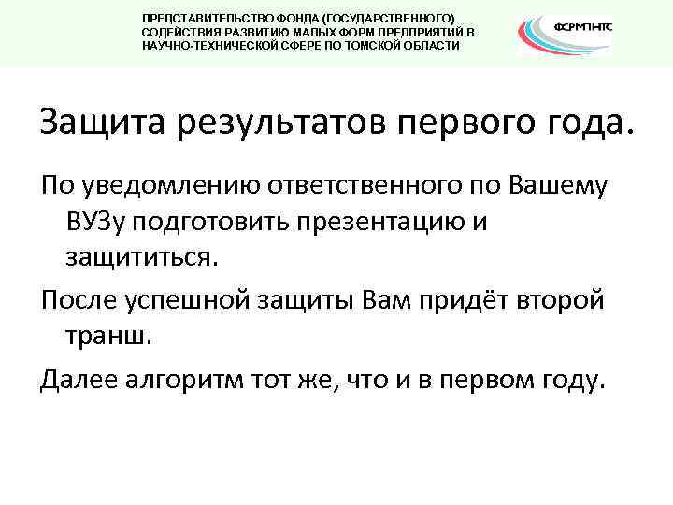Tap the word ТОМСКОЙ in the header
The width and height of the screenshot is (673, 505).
pyautogui.click(x=351, y=45)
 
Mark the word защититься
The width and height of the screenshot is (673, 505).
pyautogui.click(x=140, y=255)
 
